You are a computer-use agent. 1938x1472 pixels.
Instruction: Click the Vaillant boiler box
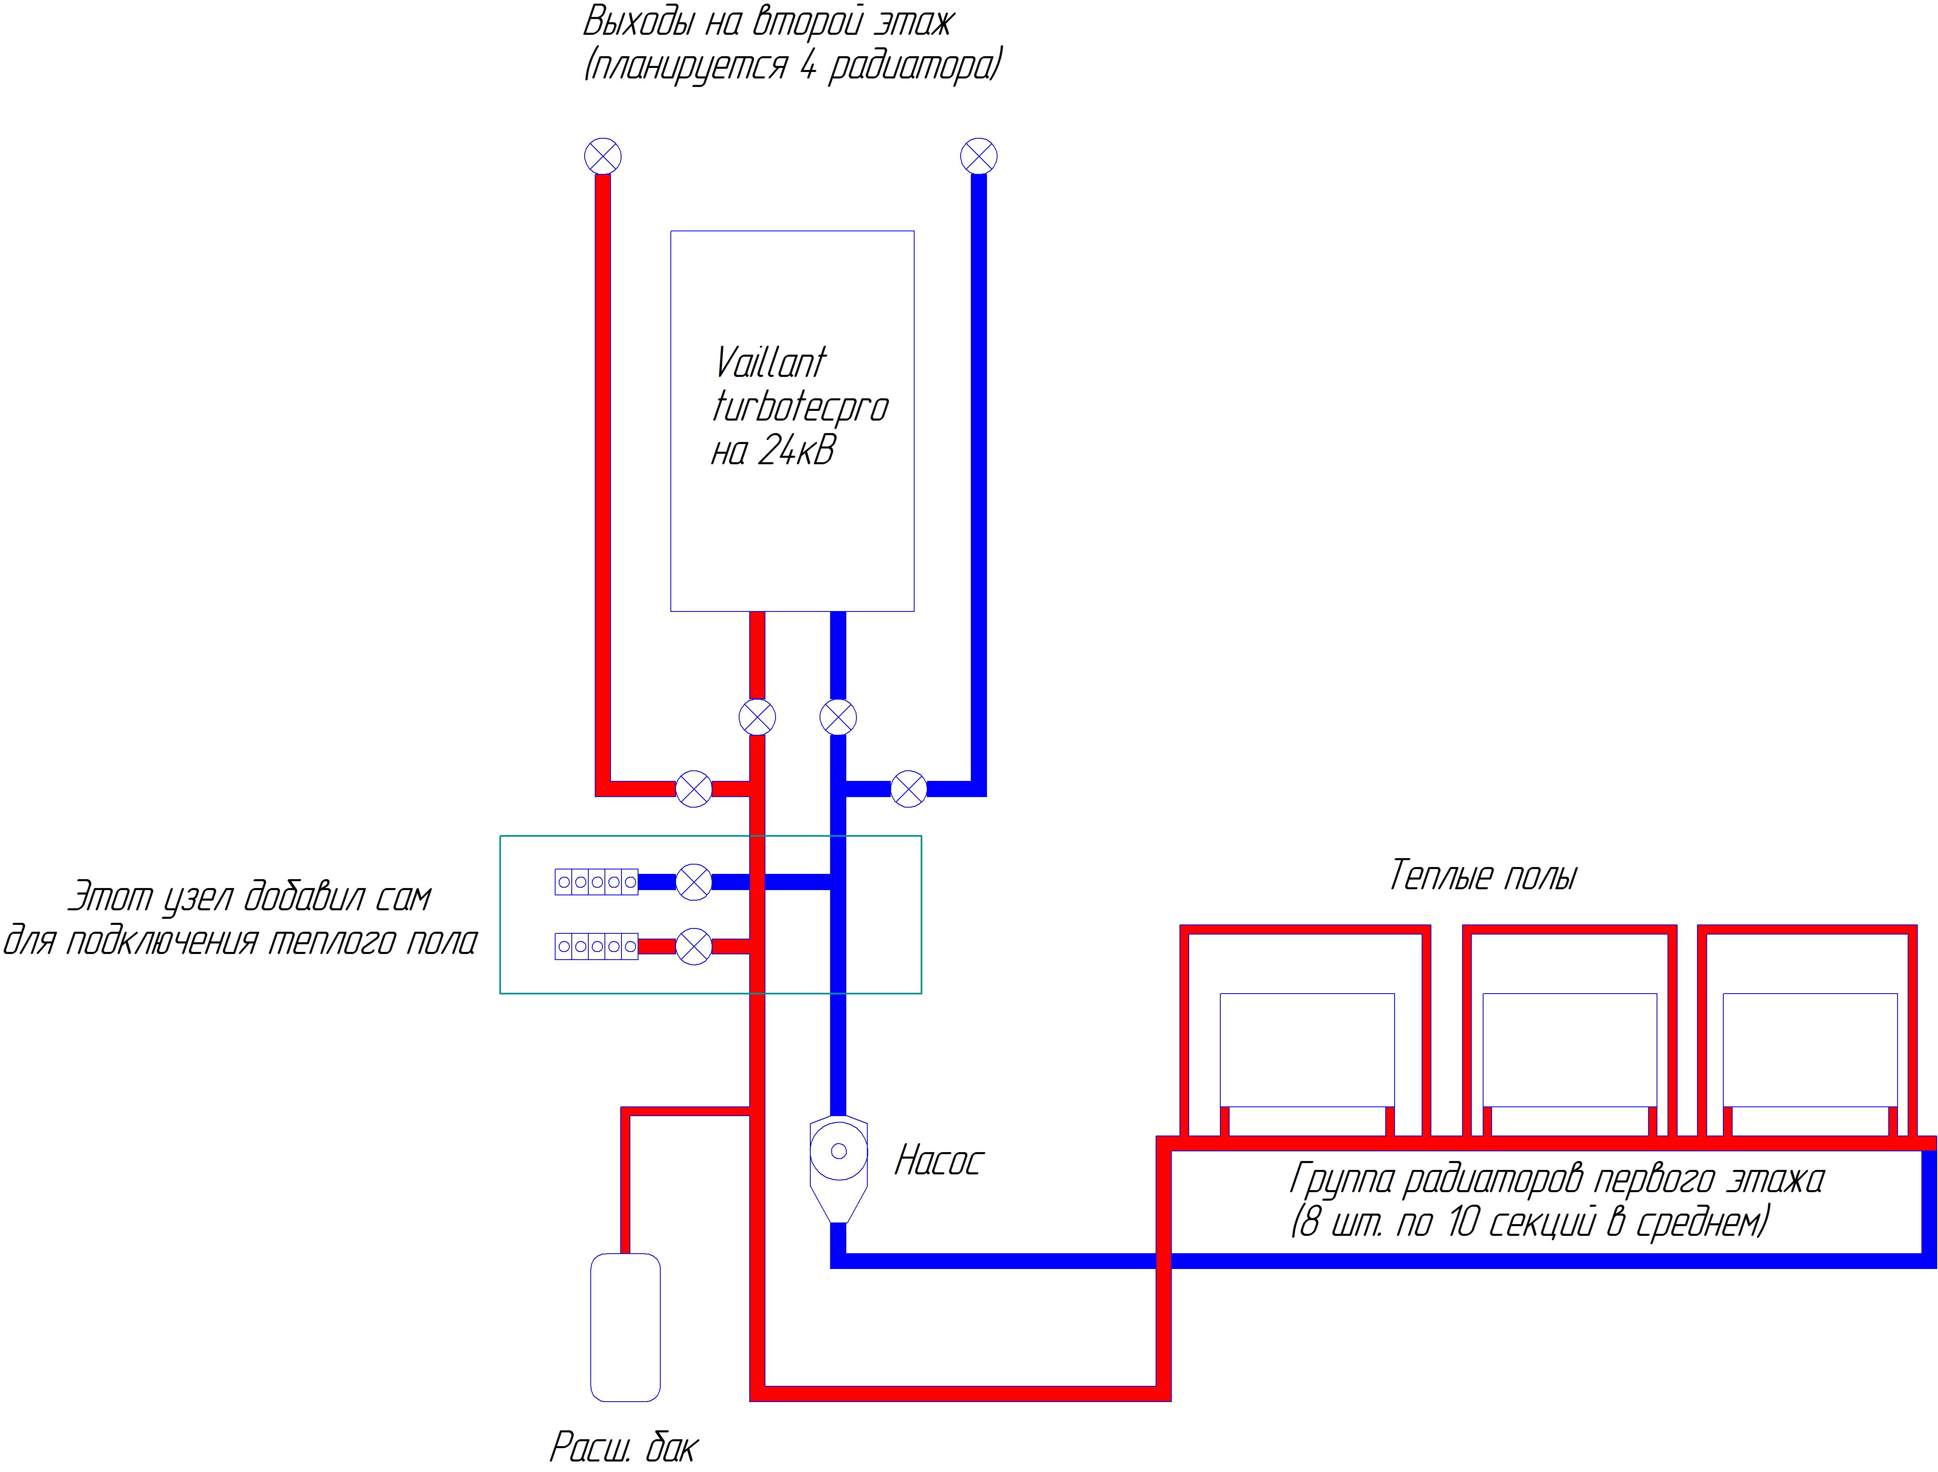pos(792,421)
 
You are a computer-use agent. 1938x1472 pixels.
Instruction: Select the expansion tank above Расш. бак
pos(626,1326)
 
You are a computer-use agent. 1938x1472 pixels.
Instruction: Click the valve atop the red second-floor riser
pos(603,157)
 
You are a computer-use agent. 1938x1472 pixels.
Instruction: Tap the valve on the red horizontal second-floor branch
pos(694,789)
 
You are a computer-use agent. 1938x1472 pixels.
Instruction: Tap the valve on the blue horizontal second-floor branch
pos(909,789)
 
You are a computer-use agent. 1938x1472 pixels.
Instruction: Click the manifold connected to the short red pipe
pos(597,946)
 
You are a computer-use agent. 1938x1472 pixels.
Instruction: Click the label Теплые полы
pos(1482,876)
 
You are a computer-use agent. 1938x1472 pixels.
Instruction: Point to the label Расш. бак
pos(624,1447)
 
